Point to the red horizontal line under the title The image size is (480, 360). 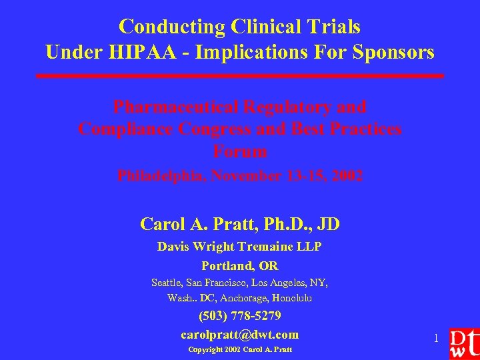(240, 76)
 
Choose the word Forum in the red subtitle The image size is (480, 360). (240, 151)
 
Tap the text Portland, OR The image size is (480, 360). (240, 265)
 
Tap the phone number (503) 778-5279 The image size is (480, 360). (240, 315)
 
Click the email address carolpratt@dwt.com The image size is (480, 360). (240, 334)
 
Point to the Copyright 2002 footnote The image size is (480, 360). (240, 349)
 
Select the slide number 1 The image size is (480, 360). (436, 339)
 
